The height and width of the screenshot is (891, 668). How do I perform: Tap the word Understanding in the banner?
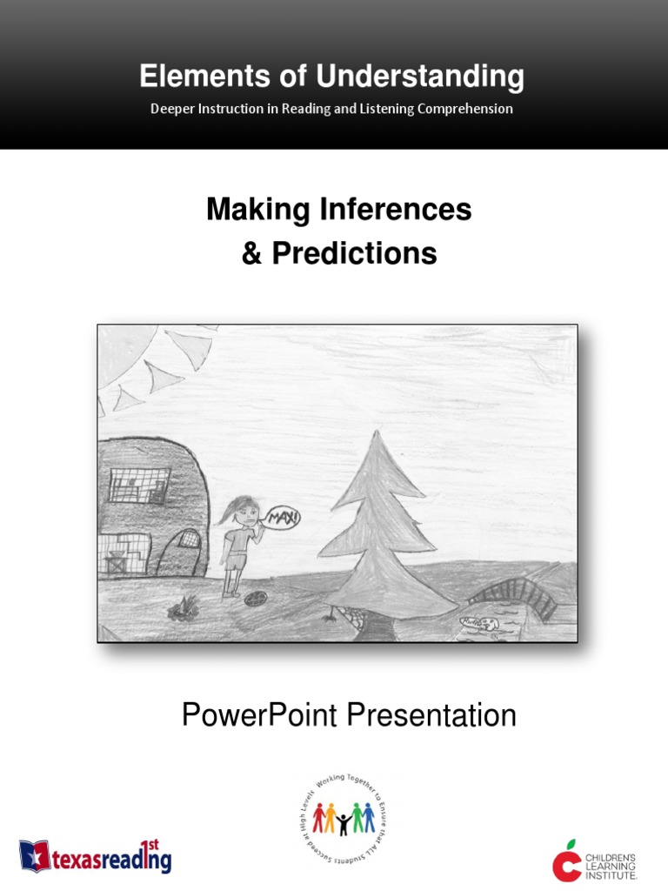click(x=420, y=78)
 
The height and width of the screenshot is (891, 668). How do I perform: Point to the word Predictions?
click(x=354, y=253)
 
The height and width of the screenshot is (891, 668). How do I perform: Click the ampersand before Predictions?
click(x=253, y=253)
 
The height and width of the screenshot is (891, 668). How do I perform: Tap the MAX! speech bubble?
click(x=284, y=519)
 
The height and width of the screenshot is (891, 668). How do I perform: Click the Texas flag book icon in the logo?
click(x=36, y=855)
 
